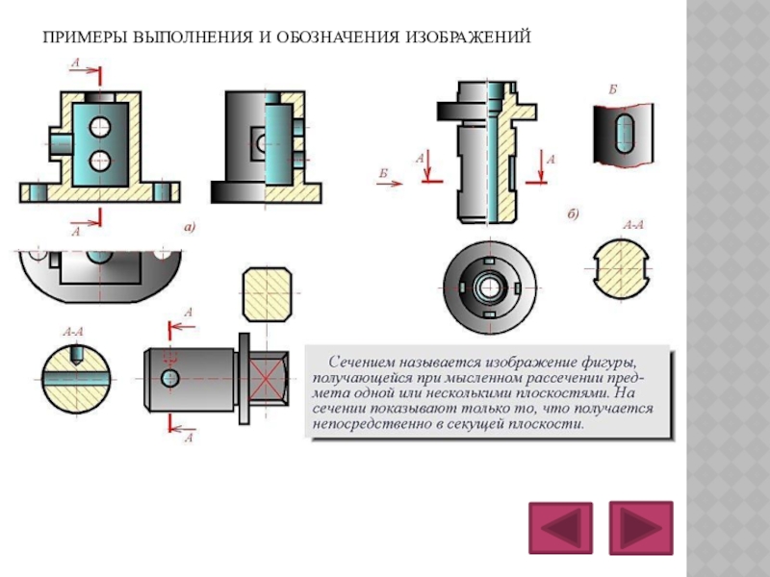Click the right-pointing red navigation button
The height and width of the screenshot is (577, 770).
tap(641, 528)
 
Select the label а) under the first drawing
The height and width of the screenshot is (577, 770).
tap(190, 227)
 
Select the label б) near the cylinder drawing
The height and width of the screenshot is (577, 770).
tap(572, 213)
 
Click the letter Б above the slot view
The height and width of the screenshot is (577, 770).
tap(612, 88)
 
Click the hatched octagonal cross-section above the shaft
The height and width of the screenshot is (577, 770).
tap(267, 293)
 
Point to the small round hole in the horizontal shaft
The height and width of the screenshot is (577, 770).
tap(171, 376)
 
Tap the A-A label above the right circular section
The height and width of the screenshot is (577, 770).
tap(632, 226)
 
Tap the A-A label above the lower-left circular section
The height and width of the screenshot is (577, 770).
tap(73, 332)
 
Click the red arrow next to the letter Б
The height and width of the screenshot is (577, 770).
tap(391, 186)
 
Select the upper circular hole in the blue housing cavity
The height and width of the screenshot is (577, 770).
tap(99, 125)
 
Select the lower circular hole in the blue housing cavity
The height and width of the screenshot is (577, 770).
tap(99, 159)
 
